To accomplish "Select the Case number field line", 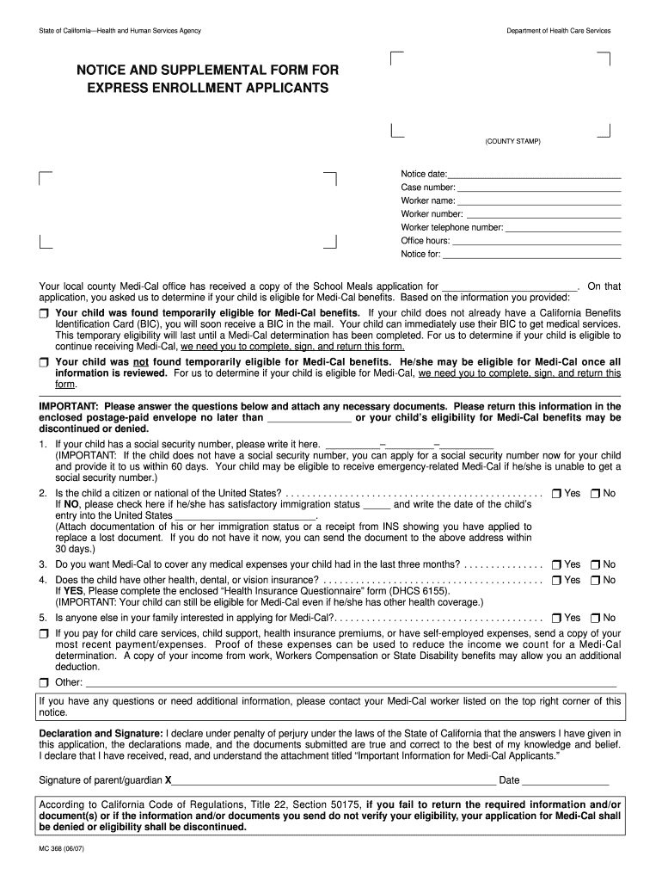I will pos(538,188).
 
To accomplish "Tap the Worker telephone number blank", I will pos(562,229).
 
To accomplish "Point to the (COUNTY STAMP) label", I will pos(512,141).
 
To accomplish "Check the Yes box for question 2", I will pos(556,494).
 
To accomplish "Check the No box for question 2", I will pos(595,494).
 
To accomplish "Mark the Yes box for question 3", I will pos(556,565).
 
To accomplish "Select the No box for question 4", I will pos(595,581).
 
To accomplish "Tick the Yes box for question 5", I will pos(556,619).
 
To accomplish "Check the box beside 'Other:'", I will pos(44,683).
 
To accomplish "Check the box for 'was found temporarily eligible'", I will pos(44,313).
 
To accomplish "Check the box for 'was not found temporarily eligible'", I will pos(44,363).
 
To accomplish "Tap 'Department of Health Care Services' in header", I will pos(558,31).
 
